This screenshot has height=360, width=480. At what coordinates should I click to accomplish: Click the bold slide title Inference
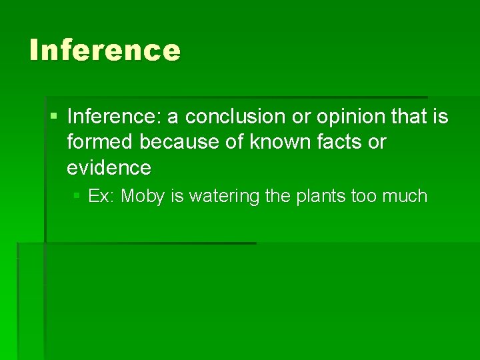(105, 51)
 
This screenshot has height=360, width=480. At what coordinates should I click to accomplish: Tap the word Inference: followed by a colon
(114, 117)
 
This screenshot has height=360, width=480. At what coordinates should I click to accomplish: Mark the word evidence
(109, 167)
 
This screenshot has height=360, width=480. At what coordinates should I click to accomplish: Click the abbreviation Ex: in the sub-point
(102, 197)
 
